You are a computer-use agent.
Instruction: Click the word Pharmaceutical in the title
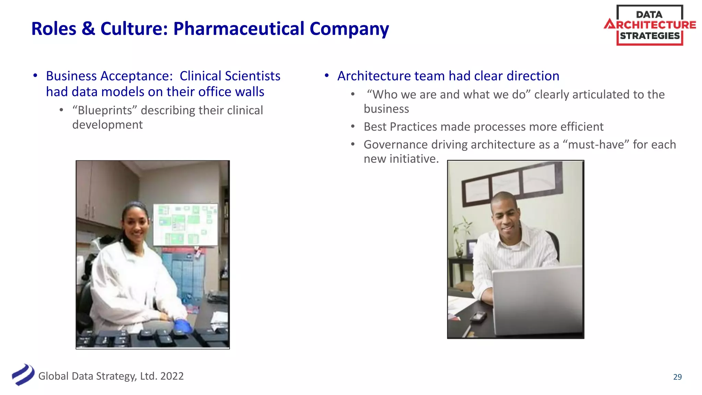click(x=239, y=29)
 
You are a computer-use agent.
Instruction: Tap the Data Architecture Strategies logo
click(x=650, y=25)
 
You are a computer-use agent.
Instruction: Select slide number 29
click(x=677, y=377)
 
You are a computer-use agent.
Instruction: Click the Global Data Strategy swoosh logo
click(x=23, y=375)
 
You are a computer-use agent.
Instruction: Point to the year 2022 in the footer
click(x=172, y=376)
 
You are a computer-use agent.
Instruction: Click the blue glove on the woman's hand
click(x=182, y=326)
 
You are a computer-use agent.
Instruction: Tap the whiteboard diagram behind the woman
click(x=185, y=225)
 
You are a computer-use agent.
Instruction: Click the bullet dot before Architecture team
click(x=327, y=76)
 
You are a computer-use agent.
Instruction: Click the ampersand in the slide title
click(x=88, y=29)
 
